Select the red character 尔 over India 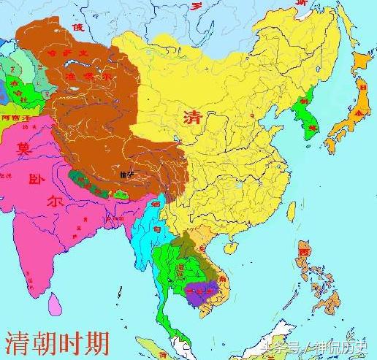pos(52,201)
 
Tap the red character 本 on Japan pos(358,114)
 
